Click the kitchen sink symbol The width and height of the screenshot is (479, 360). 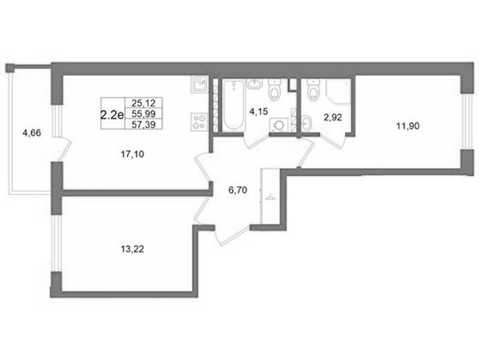[x=200, y=84]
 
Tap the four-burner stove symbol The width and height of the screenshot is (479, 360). [x=199, y=122]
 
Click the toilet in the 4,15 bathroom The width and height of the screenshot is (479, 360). [x=275, y=89]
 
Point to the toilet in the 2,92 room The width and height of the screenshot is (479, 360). [x=314, y=89]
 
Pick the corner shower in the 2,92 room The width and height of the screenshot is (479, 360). [x=338, y=92]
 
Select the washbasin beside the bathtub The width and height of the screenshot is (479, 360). [x=254, y=83]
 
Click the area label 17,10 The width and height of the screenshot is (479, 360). [x=133, y=154]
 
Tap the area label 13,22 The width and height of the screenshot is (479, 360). [x=133, y=249]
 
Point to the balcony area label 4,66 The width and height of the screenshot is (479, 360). [x=32, y=133]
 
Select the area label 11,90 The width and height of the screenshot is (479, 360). [x=408, y=126]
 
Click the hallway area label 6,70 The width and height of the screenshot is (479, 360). [x=238, y=190]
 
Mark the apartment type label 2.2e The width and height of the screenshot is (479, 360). [x=112, y=115]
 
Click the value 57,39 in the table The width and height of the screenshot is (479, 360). [x=144, y=124]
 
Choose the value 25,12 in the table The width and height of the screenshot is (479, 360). [x=144, y=103]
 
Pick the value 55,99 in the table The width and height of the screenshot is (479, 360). [x=144, y=114]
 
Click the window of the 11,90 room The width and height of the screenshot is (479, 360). [x=466, y=122]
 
